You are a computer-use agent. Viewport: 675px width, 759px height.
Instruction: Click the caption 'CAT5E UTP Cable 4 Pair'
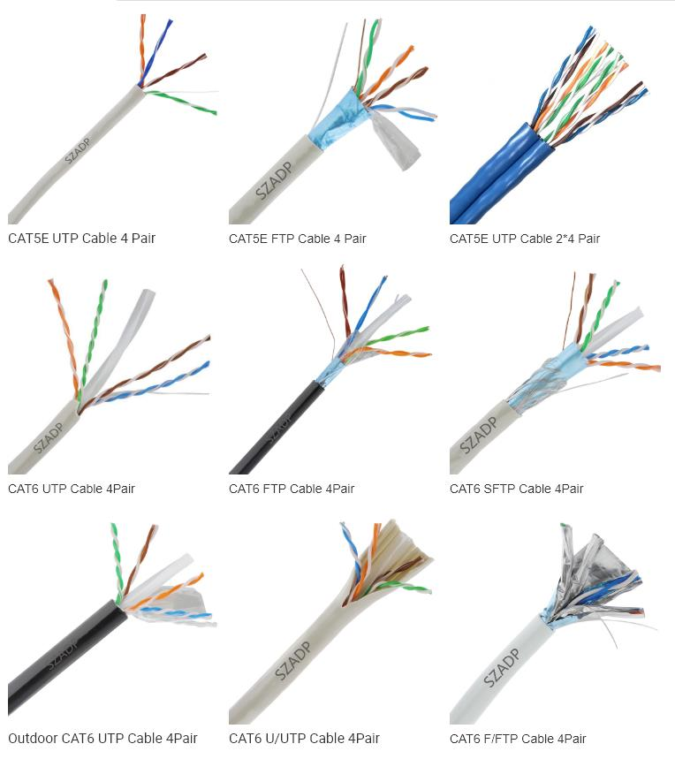[x=81, y=238]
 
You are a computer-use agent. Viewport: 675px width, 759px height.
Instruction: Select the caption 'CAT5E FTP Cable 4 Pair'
[x=297, y=239]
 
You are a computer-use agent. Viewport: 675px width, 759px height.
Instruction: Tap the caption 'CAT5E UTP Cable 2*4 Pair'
[x=524, y=239]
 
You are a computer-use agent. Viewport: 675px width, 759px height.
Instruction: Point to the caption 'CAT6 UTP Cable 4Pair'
[x=72, y=489]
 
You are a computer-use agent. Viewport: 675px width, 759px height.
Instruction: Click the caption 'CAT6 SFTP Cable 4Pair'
[x=516, y=489]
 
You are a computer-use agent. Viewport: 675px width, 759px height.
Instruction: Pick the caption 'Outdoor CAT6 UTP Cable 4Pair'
[x=102, y=739]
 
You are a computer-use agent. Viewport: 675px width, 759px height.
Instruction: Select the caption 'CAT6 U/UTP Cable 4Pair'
[x=304, y=739]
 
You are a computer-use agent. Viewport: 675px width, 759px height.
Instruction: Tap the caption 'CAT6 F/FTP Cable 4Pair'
[x=518, y=739]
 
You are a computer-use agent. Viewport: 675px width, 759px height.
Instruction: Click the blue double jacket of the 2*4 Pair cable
[x=495, y=177]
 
